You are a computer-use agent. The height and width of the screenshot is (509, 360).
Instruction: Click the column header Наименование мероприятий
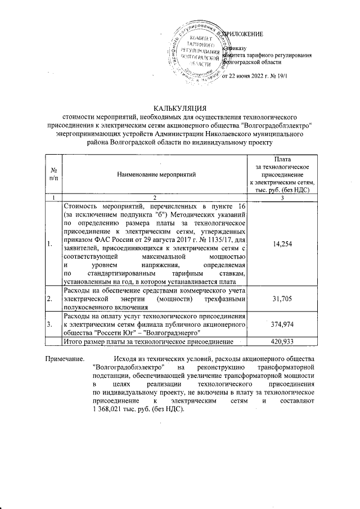(156, 175)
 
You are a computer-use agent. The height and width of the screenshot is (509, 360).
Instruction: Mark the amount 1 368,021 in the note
(110, 408)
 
